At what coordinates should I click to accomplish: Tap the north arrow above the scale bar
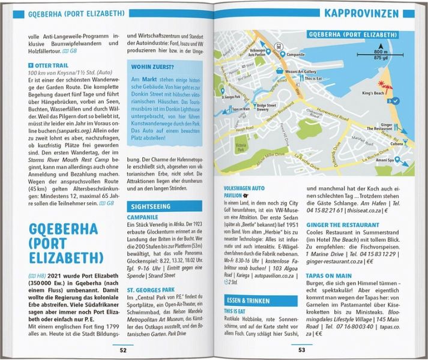click(x=379, y=45)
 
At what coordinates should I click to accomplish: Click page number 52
click(x=122, y=349)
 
